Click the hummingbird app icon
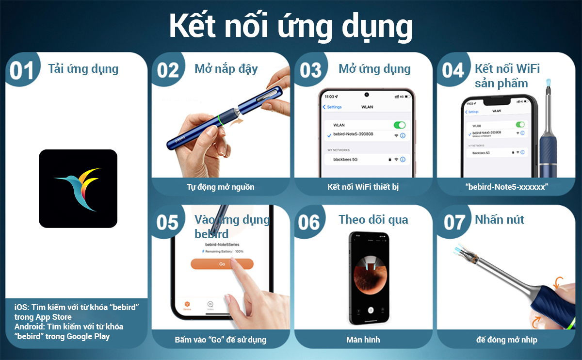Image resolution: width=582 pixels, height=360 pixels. click(x=78, y=189)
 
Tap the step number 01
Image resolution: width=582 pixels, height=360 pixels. click(x=22, y=71)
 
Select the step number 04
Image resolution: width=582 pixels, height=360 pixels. click(x=453, y=71)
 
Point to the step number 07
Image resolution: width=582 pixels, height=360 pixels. click(x=454, y=223)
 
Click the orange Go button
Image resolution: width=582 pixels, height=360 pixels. click(x=222, y=263)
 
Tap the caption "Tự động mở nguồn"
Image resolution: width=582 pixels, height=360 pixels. click(x=220, y=187)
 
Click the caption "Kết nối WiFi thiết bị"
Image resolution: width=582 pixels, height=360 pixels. click(x=363, y=187)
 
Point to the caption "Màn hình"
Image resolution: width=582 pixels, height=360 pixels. click(x=363, y=339)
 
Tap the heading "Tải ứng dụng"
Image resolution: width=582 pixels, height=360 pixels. click(x=83, y=68)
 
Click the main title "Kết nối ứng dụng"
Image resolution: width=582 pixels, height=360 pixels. click(x=291, y=26)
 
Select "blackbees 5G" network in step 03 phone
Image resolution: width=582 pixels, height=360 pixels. click(x=345, y=160)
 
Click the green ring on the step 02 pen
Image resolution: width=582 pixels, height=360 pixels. click(x=221, y=120)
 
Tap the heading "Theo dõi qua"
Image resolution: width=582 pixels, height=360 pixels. click(x=373, y=220)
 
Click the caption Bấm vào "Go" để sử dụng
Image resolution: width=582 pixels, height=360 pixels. click(x=220, y=339)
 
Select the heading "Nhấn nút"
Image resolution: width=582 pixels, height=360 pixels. click(x=499, y=220)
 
